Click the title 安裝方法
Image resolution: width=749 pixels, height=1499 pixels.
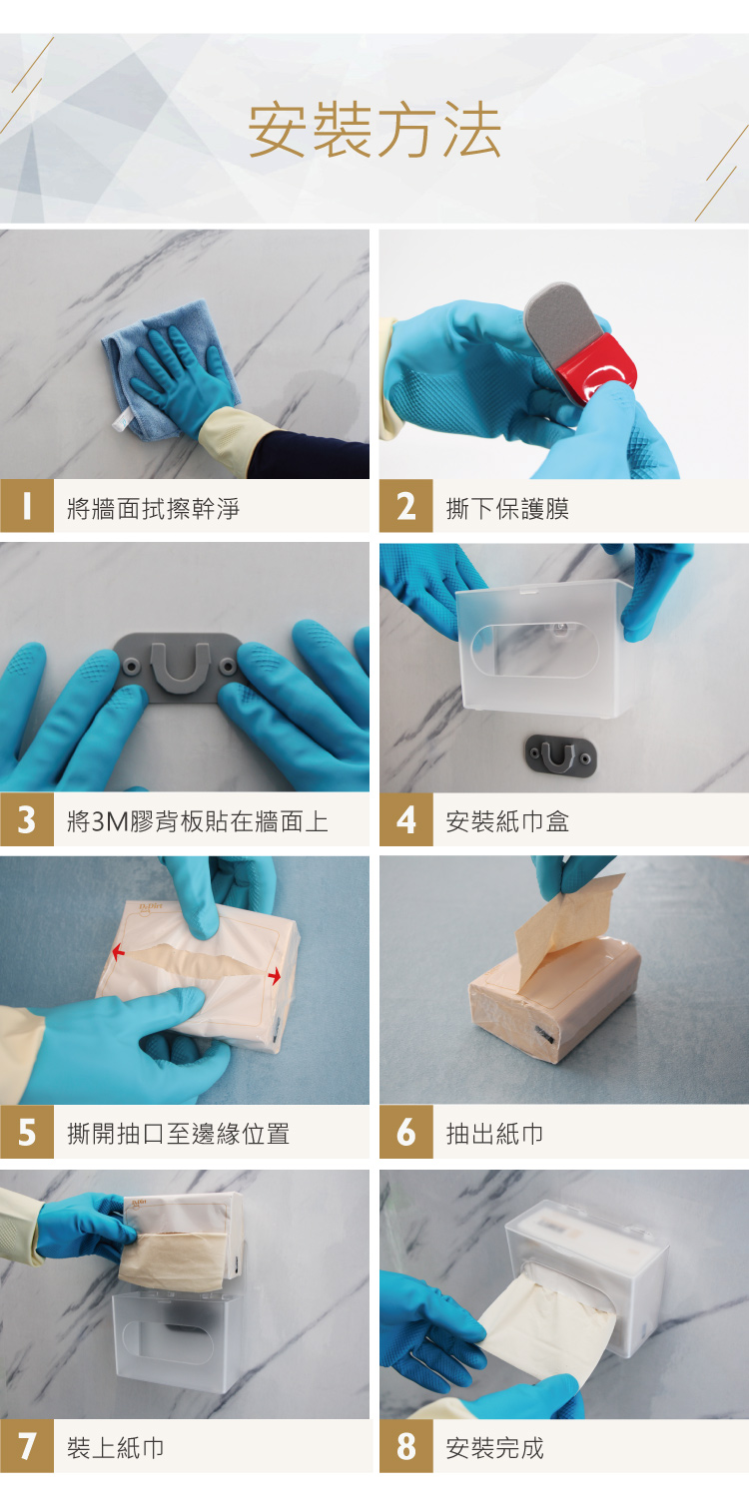tap(374, 130)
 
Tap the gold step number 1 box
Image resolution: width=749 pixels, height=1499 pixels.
tap(27, 506)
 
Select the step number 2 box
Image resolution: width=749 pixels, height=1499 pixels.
tap(405, 506)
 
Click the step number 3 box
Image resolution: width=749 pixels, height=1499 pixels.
tap(27, 819)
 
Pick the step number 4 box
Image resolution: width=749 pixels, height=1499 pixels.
tap(405, 819)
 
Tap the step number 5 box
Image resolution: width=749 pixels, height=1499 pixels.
tap(27, 1133)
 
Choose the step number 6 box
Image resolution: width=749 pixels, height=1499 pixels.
tap(405, 1133)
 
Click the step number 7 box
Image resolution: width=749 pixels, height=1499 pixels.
tap(27, 1446)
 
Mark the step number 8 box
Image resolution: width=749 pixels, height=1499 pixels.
tap(405, 1446)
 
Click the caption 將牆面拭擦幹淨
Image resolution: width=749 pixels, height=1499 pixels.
tap(153, 509)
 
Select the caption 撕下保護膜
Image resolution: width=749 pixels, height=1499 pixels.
tap(507, 509)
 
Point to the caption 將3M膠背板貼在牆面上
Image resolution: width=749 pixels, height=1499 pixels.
tap(198, 821)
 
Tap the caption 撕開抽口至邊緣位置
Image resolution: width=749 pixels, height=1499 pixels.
tap(178, 1134)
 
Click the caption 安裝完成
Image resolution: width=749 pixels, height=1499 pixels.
tap(494, 1448)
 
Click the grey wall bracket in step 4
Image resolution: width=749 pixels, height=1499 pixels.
tap(561, 756)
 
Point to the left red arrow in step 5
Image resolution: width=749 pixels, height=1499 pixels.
tap(119, 952)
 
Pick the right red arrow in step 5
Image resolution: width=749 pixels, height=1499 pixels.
tap(275, 976)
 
